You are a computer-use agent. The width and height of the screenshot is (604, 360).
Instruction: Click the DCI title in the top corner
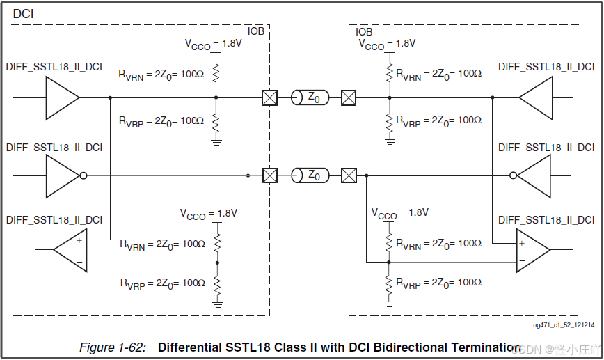pos(23,13)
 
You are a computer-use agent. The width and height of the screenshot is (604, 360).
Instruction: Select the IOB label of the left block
pos(257,31)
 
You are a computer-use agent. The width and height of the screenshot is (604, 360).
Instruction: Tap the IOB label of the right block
pos(364,32)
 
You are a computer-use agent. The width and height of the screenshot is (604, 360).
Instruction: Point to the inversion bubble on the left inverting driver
pos(84,175)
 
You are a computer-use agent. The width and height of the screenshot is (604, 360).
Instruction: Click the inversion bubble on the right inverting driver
pos(514,175)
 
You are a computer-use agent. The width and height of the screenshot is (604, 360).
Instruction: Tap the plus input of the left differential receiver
pos(79,240)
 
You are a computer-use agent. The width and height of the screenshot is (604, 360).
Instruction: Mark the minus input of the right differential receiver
pos(521,261)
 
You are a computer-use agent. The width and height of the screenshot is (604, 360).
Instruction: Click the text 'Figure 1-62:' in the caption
pos(112,347)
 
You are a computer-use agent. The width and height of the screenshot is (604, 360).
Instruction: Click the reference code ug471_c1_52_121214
pos(564,325)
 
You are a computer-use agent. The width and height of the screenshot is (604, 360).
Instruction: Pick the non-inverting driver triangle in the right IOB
pos(536,97)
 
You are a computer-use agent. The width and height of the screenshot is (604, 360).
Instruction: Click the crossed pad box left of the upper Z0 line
pos(269,97)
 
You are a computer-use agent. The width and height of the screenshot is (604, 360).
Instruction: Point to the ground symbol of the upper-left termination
pos(216,142)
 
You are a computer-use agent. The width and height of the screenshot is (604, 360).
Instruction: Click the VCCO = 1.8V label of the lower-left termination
pos(209,214)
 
